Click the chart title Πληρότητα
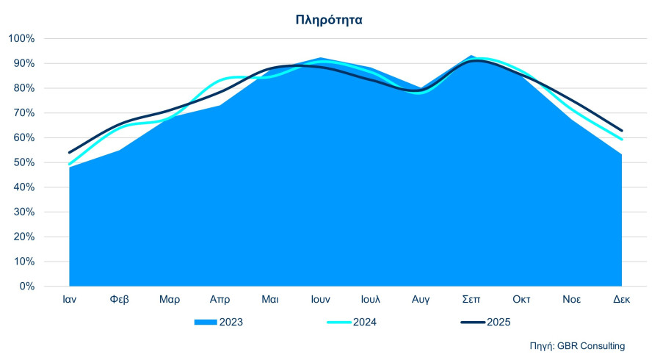tap(329, 20)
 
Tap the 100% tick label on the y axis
tap(21, 38)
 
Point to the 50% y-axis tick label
tap(23, 162)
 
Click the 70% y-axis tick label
tap(23, 113)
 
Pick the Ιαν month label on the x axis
tap(70, 300)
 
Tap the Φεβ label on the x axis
tap(120, 300)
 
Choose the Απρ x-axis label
tap(220, 300)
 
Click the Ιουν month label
tap(320, 300)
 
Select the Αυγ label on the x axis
tap(421, 300)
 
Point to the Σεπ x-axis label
tap(471, 300)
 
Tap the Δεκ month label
tap(621, 300)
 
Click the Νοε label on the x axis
tap(571, 300)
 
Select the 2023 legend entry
tap(219, 322)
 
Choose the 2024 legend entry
tap(352, 322)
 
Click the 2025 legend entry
tap(485, 322)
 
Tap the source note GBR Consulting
tap(578, 345)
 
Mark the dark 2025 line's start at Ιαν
tap(69, 152)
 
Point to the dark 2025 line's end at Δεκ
tap(621, 131)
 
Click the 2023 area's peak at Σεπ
tap(471, 56)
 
